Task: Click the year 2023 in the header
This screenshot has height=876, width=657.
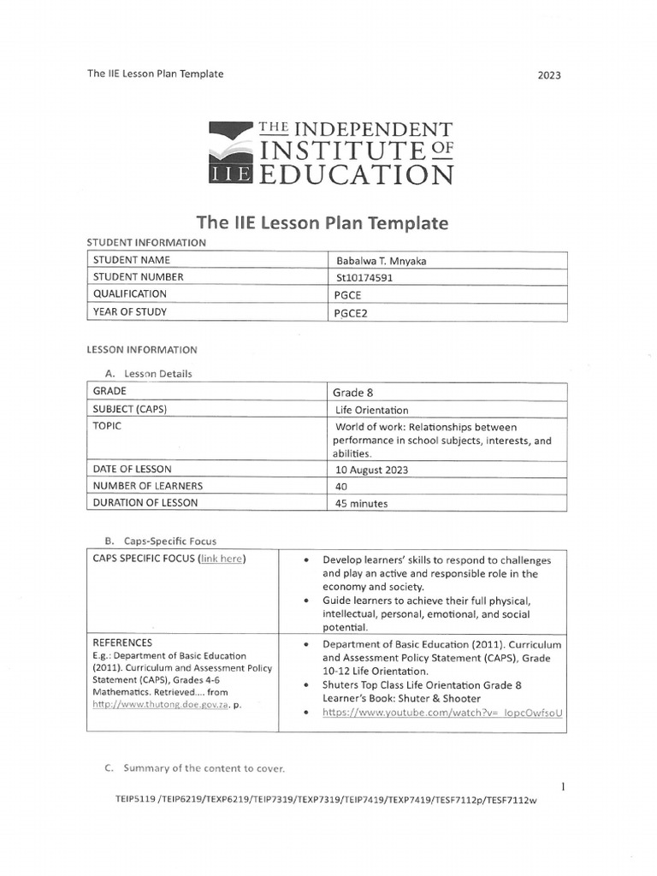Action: (549, 75)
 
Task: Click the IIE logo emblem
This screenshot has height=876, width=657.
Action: (229, 154)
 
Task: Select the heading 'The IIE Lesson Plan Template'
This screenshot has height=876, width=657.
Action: (323, 223)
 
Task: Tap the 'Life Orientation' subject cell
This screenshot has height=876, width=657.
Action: (371, 410)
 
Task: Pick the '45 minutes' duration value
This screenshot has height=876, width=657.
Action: (363, 504)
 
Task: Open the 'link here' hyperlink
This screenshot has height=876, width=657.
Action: (222, 559)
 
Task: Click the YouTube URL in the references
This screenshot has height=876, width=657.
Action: (443, 712)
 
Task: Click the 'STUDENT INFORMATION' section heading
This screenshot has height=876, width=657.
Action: (146, 242)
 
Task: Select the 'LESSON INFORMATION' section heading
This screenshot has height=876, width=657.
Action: (142, 350)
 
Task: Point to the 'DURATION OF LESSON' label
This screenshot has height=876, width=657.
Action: (141, 503)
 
